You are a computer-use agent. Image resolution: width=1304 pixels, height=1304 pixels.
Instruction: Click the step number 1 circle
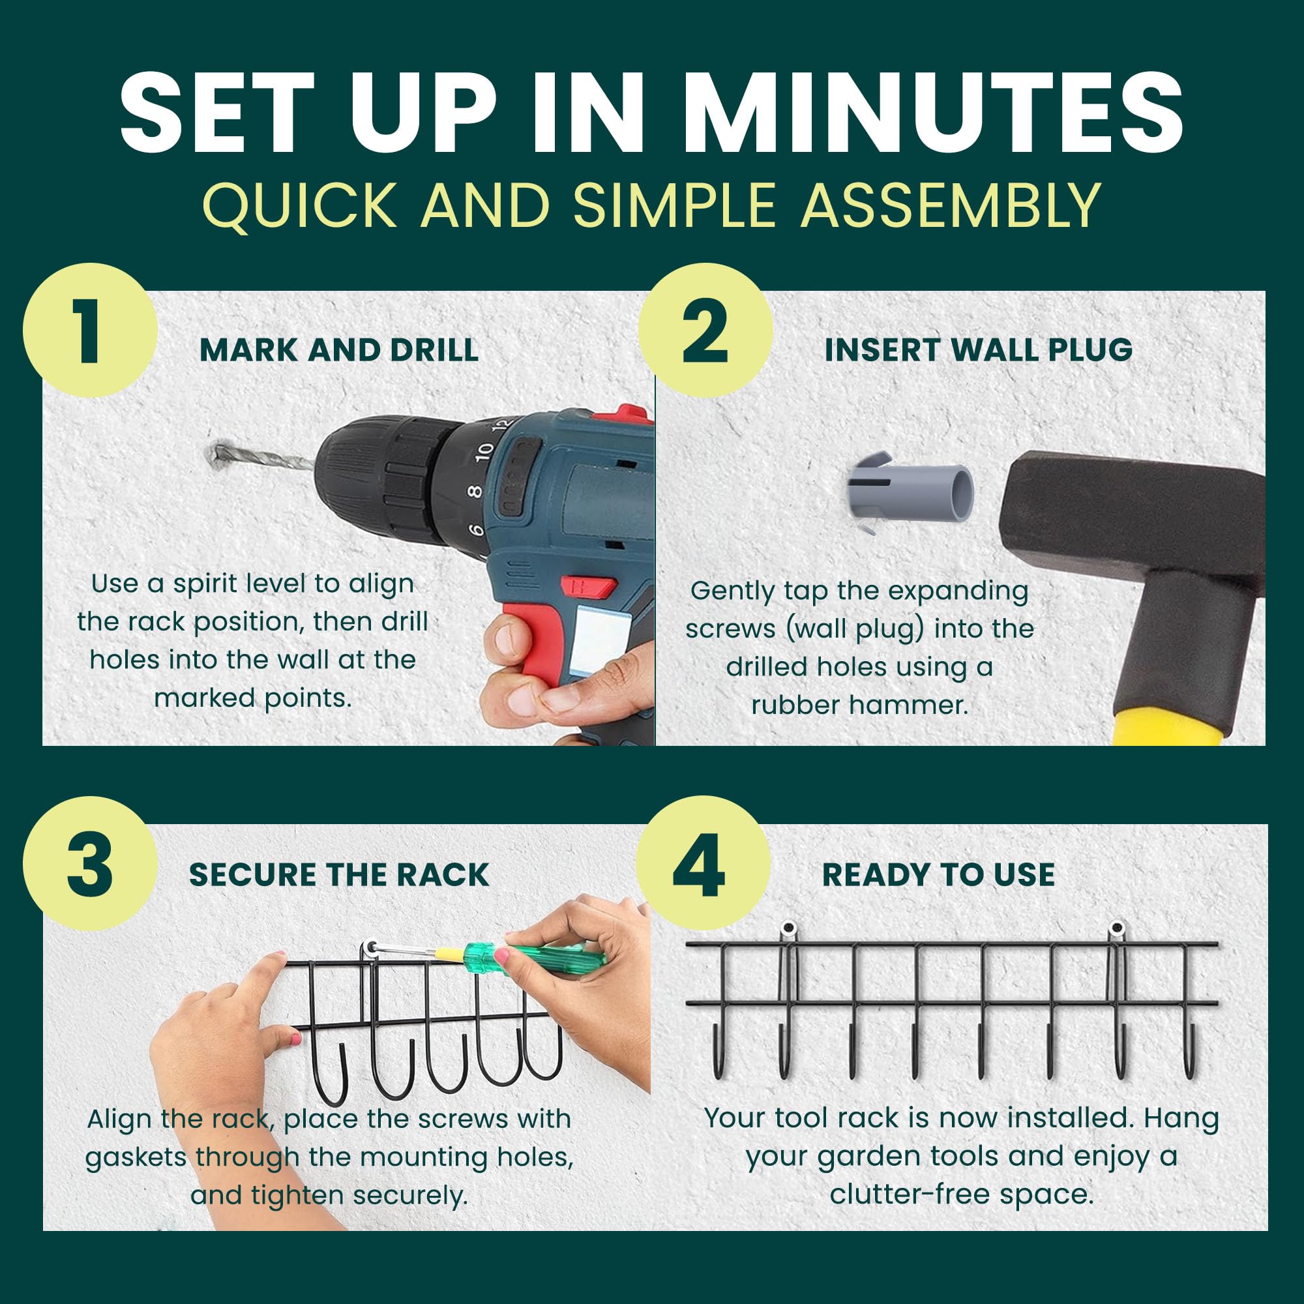(x=91, y=330)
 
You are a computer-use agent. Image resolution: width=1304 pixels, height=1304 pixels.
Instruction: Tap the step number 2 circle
(x=706, y=330)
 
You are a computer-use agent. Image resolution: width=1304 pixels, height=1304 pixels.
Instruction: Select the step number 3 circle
(x=91, y=864)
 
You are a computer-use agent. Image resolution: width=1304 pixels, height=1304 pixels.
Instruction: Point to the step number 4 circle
(x=704, y=864)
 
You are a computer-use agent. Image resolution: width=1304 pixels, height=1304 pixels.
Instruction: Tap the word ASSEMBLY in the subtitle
(x=951, y=205)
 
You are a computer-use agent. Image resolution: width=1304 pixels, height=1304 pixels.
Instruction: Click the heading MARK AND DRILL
(x=339, y=350)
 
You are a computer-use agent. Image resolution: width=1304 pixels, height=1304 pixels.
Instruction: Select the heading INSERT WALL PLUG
(x=979, y=349)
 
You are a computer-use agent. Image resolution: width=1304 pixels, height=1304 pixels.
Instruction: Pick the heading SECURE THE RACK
(x=339, y=875)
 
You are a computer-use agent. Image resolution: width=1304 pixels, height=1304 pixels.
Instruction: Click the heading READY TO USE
(x=938, y=875)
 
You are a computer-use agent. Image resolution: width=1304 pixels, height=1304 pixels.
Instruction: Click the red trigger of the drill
(x=589, y=586)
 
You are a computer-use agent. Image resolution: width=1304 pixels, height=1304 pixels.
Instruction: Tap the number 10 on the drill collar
(x=484, y=452)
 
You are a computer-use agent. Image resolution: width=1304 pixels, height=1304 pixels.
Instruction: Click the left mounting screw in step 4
(x=788, y=929)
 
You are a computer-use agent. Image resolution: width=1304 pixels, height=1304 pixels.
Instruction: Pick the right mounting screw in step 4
(x=1118, y=928)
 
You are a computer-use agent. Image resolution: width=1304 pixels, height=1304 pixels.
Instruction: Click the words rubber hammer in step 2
(x=860, y=705)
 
